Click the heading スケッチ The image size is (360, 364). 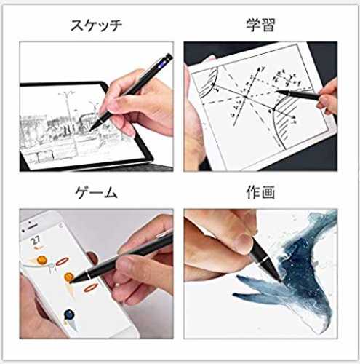(96, 25)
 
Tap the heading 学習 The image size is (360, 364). (260, 25)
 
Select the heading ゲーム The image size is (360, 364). (96, 193)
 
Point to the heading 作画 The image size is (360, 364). (260, 192)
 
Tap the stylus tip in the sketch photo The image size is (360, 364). (91, 130)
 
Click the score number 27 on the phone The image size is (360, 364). (36, 240)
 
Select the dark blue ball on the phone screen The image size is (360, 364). (69, 314)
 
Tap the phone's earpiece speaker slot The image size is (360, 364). (33, 226)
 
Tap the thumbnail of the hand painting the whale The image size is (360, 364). (260, 274)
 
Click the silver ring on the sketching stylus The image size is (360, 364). (100, 119)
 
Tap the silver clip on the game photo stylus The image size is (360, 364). (164, 234)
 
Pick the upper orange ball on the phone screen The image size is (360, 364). (42, 260)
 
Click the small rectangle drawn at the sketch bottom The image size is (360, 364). (45, 157)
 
